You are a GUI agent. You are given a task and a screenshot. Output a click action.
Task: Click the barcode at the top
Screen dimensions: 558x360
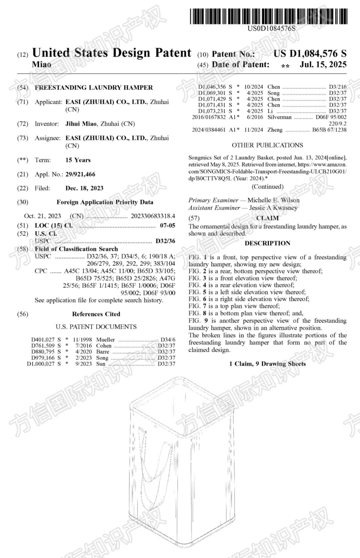(268, 16)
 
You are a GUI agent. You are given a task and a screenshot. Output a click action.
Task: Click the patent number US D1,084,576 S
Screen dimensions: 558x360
(310, 54)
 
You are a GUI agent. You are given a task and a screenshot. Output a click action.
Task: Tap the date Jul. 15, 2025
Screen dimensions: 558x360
(323, 64)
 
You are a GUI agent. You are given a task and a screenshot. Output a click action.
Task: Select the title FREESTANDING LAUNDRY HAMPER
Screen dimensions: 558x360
(94, 88)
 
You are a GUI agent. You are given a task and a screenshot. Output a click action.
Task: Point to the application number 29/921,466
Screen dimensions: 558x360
(80, 174)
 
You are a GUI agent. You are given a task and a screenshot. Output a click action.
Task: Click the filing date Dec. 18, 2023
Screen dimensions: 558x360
(84, 188)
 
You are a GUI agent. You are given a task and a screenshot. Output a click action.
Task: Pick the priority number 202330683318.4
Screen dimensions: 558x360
(153, 216)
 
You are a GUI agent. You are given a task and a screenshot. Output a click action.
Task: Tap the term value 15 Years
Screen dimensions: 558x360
(78, 160)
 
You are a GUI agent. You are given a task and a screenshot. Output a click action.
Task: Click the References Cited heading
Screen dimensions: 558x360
(96, 314)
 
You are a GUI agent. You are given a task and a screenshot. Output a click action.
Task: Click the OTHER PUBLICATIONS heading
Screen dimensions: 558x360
(267, 145)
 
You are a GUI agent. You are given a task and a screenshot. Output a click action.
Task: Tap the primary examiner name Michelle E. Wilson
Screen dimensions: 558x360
(273, 200)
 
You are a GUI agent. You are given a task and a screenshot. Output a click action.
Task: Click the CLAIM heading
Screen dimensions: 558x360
(267, 218)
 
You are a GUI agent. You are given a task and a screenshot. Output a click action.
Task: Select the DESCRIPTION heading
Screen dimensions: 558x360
(267, 243)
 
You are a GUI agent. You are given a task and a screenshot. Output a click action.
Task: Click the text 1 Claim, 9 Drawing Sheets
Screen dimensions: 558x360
(267, 364)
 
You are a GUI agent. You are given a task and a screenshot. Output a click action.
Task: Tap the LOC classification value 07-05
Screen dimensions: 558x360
(167, 225)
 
